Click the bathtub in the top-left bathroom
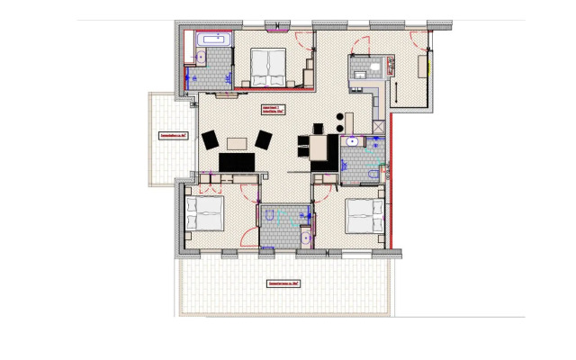point(214,40)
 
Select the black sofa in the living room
point(238,162)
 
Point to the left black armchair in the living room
point(211,139)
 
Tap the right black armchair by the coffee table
point(264,139)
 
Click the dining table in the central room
point(318,148)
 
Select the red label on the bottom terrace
point(283,283)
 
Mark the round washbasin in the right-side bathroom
point(352,141)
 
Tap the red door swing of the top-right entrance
point(418,40)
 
